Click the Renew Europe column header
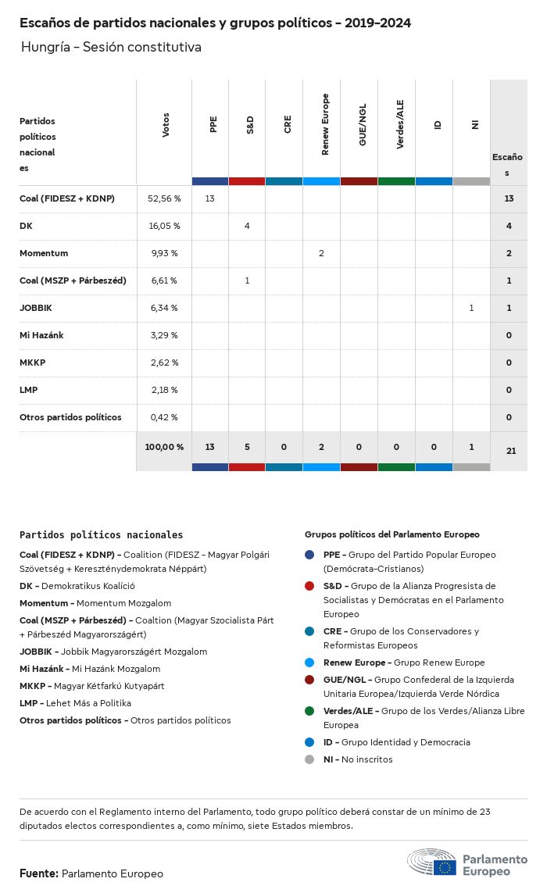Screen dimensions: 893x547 (325, 125)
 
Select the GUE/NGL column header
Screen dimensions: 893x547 (363, 125)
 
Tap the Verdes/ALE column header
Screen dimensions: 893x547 (400, 125)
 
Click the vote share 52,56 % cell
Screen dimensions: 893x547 (164, 198)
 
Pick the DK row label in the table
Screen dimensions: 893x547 (26, 226)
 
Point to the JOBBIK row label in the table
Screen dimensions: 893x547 (36, 308)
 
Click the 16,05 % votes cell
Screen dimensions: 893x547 (164, 226)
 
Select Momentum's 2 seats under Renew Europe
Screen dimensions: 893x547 (321, 253)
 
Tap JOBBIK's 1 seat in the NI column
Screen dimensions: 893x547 (471, 308)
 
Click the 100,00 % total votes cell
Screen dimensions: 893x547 (164, 447)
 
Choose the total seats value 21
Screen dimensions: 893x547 (509, 450)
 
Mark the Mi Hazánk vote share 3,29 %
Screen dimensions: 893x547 (164, 335)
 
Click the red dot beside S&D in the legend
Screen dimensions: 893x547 (310, 586)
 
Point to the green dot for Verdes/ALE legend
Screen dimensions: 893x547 (310, 711)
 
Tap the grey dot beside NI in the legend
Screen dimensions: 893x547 (310, 759)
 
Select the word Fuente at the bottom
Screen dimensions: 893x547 (38, 873)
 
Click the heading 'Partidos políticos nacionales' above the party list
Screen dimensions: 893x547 (101, 535)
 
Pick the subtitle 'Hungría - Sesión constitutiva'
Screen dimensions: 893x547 (111, 47)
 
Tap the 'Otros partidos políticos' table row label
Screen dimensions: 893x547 (70, 417)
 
